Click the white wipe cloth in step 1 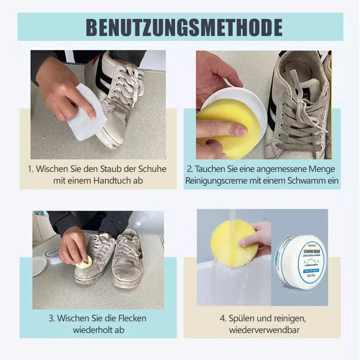(x=85, y=112)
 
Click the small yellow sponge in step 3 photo (x=84, y=263)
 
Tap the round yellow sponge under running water (x=234, y=243)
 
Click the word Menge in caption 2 (x=324, y=169)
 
